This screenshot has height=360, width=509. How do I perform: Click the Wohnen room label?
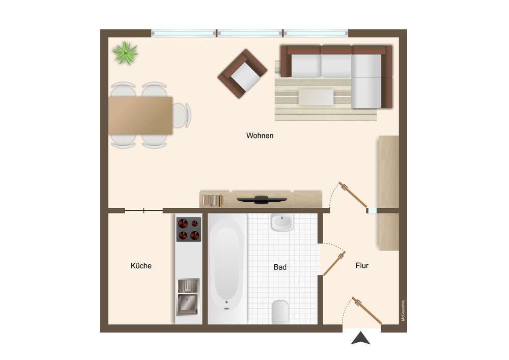pyautogui.click(x=260, y=135)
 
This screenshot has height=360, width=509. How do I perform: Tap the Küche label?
pyautogui.click(x=141, y=266)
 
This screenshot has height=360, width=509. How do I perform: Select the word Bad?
pyautogui.click(x=280, y=267)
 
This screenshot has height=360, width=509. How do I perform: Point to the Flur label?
pyautogui.click(x=362, y=265)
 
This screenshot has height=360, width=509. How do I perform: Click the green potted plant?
pyautogui.click(x=125, y=52)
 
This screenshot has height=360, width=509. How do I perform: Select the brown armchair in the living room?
pyautogui.click(x=242, y=74)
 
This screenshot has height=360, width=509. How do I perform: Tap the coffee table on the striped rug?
pyautogui.click(x=316, y=97)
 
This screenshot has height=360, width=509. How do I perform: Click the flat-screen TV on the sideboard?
pyautogui.click(x=262, y=199)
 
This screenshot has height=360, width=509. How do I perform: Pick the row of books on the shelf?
pyautogui.click(x=213, y=200)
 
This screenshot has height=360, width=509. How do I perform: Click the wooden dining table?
pyautogui.click(x=140, y=115)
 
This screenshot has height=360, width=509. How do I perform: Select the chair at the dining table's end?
pyautogui.click(x=182, y=115)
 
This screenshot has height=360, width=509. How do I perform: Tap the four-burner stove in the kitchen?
pyautogui.click(x=189, y=229)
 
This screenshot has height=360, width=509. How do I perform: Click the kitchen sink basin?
pyautogui.click(x=187, y=304)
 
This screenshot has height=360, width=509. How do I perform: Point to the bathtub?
pyautogui.click(x=227, y=269)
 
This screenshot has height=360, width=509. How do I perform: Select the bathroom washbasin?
pyautogui.click(x=282, y=223)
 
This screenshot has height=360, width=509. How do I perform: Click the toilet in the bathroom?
pyautogui.click(x=280, y=312)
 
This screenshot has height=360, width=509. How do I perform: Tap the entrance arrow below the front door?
pyautogui.click(x=361, y=338)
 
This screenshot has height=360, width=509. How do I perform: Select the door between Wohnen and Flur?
pyautogui.click(x=353, y=195)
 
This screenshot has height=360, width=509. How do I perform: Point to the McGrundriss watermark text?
pyautogui.click(x=403, y=310)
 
